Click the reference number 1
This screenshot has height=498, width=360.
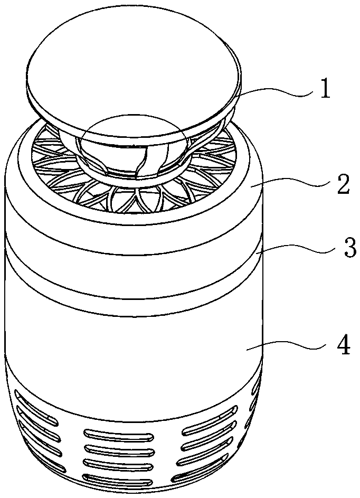[324, 90]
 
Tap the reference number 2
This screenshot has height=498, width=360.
[343, 186]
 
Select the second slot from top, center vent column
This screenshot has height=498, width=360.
[119, 448]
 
